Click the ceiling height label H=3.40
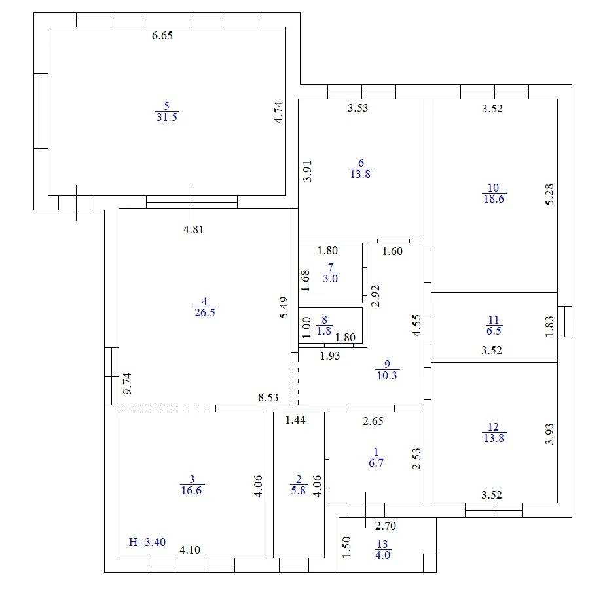coord(147,542)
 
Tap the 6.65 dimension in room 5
coord(162,35)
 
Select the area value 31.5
coord(167,117)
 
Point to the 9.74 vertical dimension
coord(127,383)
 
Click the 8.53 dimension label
coord(268,397)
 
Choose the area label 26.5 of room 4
coord(205,312)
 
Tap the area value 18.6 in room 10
coord(494,199)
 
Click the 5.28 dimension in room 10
coord(550,195)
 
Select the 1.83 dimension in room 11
coord(550,326)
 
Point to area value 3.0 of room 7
coord(330,278)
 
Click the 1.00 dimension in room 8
coord(306,328)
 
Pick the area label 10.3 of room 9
coord(387,375)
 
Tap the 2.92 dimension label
coord(375,295)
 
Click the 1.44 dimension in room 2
coord(295,420)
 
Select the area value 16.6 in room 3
coord(191,490)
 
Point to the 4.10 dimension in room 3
coord(190,550)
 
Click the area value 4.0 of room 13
coord(383,555)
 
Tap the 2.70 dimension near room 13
coord(386,526)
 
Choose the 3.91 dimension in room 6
coord(307,171)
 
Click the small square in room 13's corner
coord(430,564)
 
